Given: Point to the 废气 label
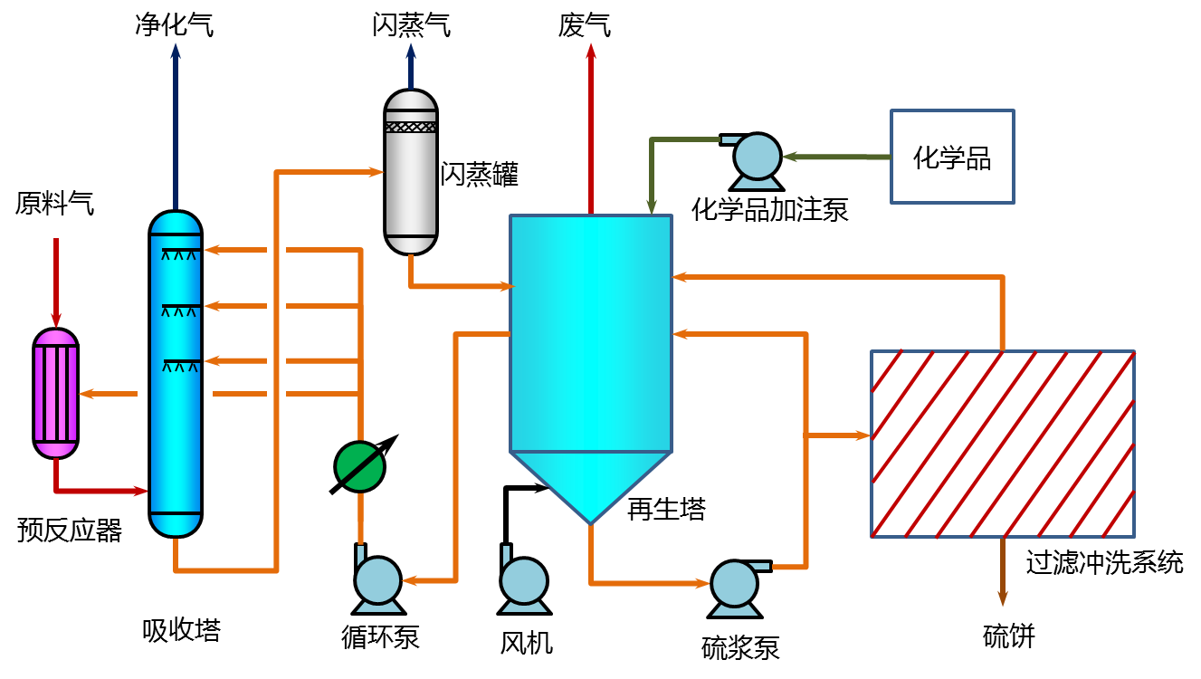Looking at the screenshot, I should click(x=585, y=26).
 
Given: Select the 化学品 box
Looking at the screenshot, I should click(x=952, y=157).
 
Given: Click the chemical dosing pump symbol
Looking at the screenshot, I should click(x=756, y=156).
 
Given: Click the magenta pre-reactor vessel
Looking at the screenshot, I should click(x=56, y=393).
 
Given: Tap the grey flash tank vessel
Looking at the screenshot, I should click(x=411, y=172).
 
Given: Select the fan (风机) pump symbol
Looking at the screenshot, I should click(x=523, y=579).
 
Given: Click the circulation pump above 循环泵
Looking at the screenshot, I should click(x=377, y=579).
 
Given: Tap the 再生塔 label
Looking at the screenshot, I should click(x=666, y=510).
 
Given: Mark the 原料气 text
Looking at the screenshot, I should click(x=54, y=204).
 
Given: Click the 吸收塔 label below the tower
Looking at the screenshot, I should click(x=181, y=629).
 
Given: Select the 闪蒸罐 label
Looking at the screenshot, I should click(x=480, y=174).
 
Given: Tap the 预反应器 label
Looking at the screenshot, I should click(x=70, y=530).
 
